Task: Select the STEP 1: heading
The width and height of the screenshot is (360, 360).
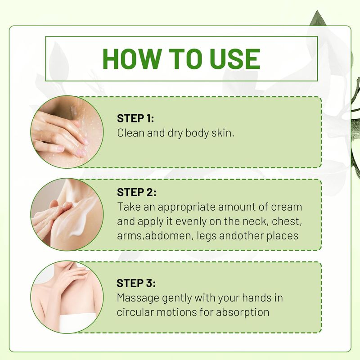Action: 135,118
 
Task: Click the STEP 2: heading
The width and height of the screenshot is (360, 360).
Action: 137,193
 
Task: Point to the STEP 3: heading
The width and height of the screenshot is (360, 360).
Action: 136,283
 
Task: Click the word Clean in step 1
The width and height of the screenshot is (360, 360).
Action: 130,133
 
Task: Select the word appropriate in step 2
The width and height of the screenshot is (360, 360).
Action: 186,207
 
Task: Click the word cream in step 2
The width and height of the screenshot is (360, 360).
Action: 287,207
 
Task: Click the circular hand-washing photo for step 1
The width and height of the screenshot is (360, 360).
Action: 67,132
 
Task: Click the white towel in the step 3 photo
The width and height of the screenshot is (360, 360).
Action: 77,323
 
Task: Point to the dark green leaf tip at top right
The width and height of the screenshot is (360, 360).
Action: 317,11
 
